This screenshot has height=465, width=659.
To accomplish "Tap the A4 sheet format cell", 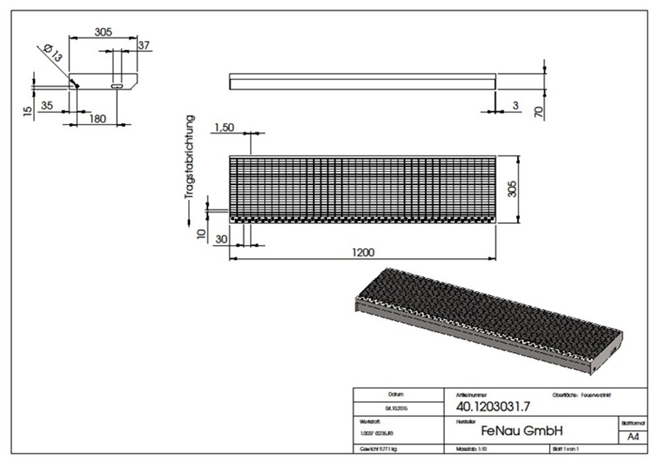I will [x=633, y=437].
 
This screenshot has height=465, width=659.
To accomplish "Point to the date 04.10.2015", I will [x=397, y=408].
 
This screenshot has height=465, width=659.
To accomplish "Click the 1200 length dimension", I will [x=363, y=252].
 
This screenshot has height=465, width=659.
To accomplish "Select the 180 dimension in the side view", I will [x=97, y=119].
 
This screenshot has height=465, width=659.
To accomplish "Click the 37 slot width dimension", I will [x=144, y=45].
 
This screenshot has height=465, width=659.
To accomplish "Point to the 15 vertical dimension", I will [x=27, y=111].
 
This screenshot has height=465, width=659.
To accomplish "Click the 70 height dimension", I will [x=538, y=112].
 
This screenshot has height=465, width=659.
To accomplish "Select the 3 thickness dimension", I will [x=515, y=105].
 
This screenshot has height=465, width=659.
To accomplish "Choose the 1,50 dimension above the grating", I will [x=223, y=127].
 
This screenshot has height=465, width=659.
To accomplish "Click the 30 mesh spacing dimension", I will [x=221, y=240].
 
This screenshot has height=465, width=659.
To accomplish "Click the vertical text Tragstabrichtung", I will [x=190, y=157].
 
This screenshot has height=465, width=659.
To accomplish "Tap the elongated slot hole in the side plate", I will [x=117, y=86].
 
